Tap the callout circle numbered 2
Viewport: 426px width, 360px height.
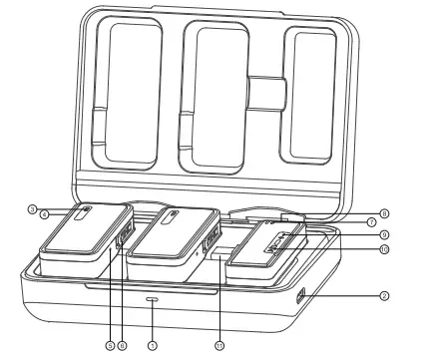click(x=383, y=296)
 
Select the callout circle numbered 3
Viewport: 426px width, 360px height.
click(x=33, y=209)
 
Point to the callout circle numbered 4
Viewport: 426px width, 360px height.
click(x=45, y=213)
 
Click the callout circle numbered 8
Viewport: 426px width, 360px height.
click(x=383, y=212)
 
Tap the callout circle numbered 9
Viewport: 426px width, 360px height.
click(x=383, y=235)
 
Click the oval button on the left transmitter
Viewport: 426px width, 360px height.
click(x=87, y=210)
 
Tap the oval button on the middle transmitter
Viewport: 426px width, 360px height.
click(x=172, y=211)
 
